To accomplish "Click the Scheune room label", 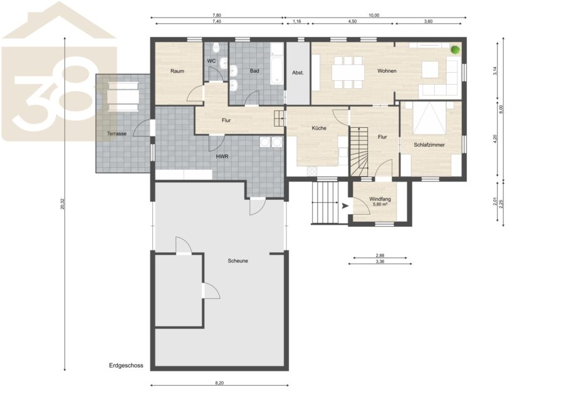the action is pyautogui.click(x=238, y=261).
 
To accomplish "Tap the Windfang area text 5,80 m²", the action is pyautogui.click(x=380, y=204).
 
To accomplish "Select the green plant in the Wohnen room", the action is pyautogui.click(x=456, y=49).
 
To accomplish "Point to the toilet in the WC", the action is pyautogui.click(x=216, y=47).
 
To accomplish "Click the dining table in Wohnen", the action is pyautogui.click(x=347, y=72).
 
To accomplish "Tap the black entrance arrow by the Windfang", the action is pyautogui.click(x=345, y=206).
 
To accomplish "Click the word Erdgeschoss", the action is pyautogui.click(x=126, y=366).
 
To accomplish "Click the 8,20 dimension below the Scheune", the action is pyautogui.click(x=219, y=383).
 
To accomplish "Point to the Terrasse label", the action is pyautogui.click(x=117, y=133).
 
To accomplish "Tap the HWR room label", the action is pyautogui.click(x=222, y=157).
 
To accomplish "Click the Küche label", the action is pyautogui.click(x=319, y=128).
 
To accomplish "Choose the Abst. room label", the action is pyautogui.click(x=298, y=73).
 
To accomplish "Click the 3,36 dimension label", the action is pyautogui.click(x=380, y=262).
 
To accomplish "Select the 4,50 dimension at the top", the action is pyautogui.click(x=352, y=21).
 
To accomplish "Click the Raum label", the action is pyautogui.click(x=177, y=71).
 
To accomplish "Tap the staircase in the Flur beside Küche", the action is pyautogui.click(x=359, y=152).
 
